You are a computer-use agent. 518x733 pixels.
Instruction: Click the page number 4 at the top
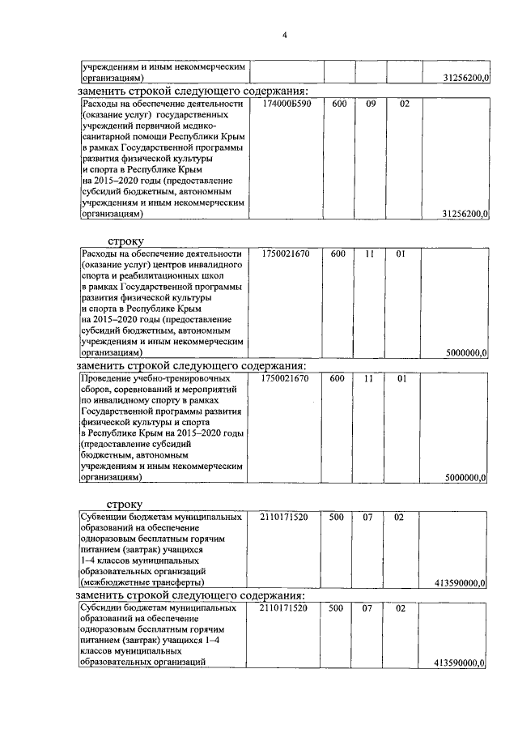(x=285, y=33)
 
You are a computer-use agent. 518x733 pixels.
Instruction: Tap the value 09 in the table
(x=372, y=104)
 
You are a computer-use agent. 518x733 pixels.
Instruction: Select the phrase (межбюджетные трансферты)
(x=142, y=582)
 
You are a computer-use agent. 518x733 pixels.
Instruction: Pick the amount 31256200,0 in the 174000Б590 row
(x=465, y=214)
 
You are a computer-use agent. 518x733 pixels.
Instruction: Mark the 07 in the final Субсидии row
(x=367, y=607)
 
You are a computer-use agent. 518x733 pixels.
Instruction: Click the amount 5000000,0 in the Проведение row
(x=465, y=479)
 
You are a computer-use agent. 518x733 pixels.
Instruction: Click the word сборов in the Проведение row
(x=99, y=390)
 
